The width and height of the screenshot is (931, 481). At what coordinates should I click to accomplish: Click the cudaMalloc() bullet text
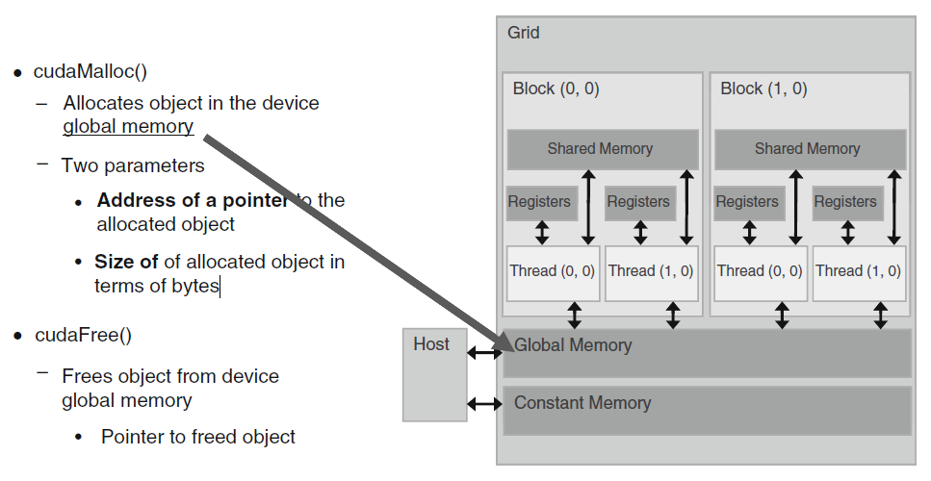[x=91, y=71]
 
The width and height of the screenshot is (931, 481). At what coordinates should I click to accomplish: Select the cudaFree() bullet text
[x=84, y=335]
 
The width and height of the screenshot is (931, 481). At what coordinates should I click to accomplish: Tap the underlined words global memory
[x=128, y=126]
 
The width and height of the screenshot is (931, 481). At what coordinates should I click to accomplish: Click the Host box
[x=434, y=375]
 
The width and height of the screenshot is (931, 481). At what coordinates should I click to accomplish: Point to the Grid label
[x=523, y=32]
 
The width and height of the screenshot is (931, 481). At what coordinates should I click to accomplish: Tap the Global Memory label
[x=573, y=345]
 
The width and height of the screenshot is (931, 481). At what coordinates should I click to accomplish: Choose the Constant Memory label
[x=582, y=403]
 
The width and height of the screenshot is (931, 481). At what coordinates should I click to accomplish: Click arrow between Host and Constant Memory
[x=484, y=404]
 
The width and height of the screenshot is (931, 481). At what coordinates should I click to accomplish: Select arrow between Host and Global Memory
[x=484, y=353]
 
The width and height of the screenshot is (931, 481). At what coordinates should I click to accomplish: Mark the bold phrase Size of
[x=126, y=262]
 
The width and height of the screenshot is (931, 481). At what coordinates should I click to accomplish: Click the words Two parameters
[x=133, y=165]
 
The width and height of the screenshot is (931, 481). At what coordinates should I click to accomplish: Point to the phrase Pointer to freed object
[x=198, y=437]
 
